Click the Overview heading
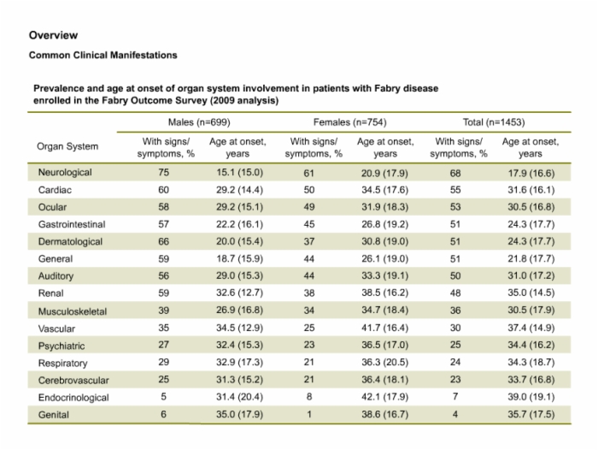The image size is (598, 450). pyautogui.click(x=53, y=35)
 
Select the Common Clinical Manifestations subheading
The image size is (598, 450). pyautogui.click(x=103, y=55)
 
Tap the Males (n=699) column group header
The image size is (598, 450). pyautogui.click(x=199, y=122)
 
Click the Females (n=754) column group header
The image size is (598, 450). pyautogui.click(x=349, y=122)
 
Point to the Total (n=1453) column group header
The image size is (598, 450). pyautogui.click(x=494, y=122)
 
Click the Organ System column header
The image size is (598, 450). pyautogui.click(x=67, y=146)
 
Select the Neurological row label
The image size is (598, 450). pyautogui.click(x=65, y=172)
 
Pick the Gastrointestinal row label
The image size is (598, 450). pyautogui.click(x=72, y=224)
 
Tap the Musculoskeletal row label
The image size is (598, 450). pyautogui.click(x=73, y=311)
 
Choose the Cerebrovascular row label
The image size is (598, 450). pyautogui.click(x=73, y=380)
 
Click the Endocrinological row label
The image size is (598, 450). pyautogui.click(x=73, y=398)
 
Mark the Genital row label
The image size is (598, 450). pyautogui.click(x=53, y=415)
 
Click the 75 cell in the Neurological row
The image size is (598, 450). pyautogui.click(x=164, y=172)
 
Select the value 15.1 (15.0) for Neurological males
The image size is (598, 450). pyautogui.click(x=239, y=172)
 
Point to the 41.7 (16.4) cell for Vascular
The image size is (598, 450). pyautogui.click(x=384, y=328)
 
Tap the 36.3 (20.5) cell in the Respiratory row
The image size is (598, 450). pyautogui.click(x=384, y=362)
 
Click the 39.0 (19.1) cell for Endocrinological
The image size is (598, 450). pyautogui.click(x=531, y=397)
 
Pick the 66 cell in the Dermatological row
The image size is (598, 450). pyautogui.click(x=164, y=241)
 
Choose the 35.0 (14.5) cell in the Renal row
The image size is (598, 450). pyautogui.click(x=531, y=293)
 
